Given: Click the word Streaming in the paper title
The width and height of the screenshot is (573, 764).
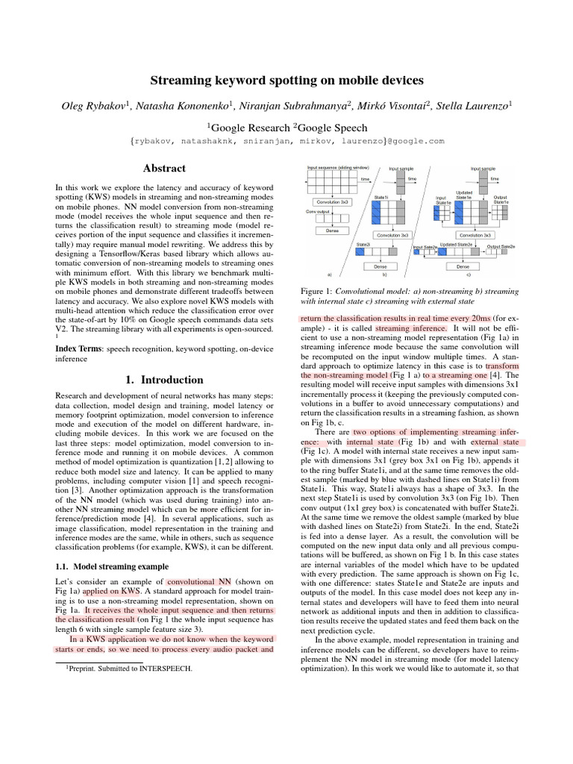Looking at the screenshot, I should tap(188, 80).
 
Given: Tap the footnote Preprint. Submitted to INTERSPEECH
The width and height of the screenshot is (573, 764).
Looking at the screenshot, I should tap(126, 669).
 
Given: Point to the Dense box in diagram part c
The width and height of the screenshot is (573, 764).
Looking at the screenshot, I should tap(462, 266).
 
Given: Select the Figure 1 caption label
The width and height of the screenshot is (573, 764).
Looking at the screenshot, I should tap(317, 290).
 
